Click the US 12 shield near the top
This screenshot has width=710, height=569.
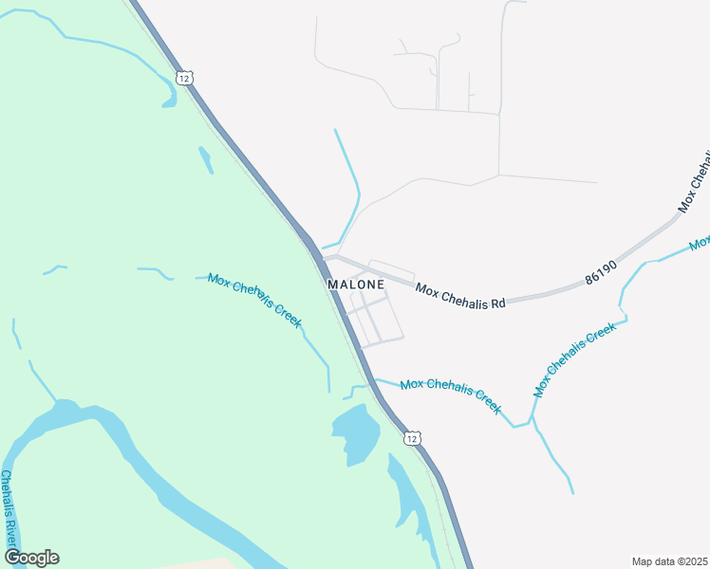point(184,77)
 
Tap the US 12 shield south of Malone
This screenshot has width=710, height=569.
point(411,437)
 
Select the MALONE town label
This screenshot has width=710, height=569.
point(356,284)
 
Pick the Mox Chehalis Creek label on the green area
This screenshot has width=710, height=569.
point(254,300)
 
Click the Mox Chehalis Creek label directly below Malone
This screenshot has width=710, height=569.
point(450,395)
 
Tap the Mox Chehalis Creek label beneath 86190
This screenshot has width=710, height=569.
point(575,359)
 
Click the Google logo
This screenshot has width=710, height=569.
point(31,558)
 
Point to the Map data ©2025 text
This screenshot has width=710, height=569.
point(669,561)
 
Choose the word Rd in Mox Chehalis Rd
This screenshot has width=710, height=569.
point(496,302)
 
